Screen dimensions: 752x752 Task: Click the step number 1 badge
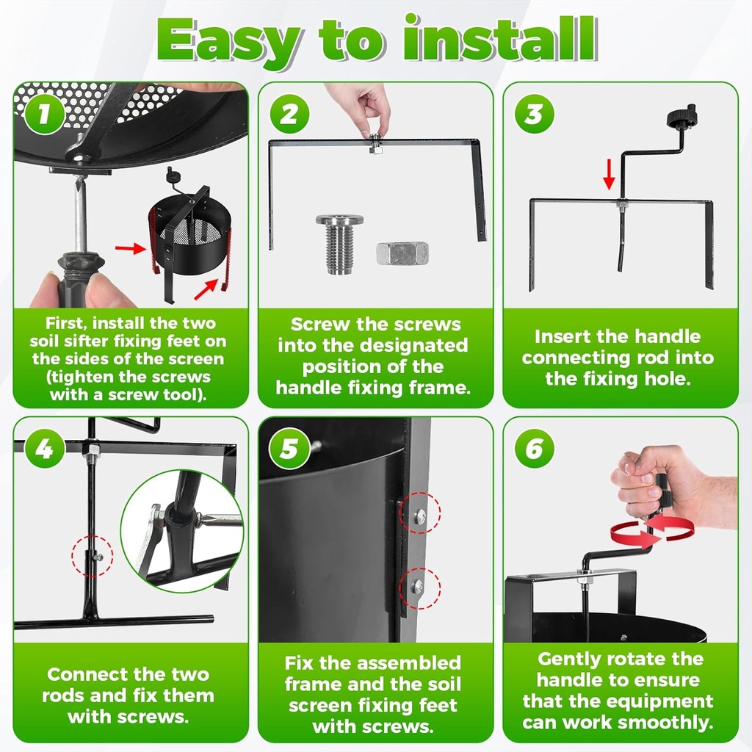coord(44,114)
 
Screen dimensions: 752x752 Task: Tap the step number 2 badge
coord(289,114)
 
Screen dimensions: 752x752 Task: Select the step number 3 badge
coord(535,114)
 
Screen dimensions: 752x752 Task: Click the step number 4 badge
coord(44,449)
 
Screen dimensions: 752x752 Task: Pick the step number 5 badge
coord(289,449)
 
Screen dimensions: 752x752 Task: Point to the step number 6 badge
coord(535,449)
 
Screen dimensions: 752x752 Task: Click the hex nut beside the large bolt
coord(402,253)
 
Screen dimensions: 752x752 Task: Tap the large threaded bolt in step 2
coord(339,244)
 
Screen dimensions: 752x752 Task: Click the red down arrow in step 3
coord(609,174)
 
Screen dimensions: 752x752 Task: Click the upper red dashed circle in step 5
coord(419,512)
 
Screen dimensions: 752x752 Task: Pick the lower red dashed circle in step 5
coord(419,588)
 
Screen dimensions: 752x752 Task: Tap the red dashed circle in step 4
coord(92,556)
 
